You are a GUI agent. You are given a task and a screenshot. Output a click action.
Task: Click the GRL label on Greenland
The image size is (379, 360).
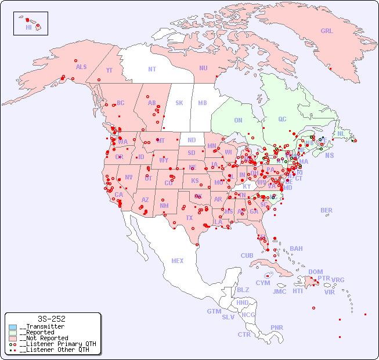[x=327, y=31]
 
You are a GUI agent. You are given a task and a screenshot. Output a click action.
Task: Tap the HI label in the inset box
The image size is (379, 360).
[x=28, y=27]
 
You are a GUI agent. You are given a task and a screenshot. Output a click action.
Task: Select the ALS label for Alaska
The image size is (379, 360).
[x=81, y=67]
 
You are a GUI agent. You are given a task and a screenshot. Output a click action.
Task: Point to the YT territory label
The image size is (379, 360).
[x=109, y=70]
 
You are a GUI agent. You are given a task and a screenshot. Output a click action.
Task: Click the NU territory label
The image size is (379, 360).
[x=203, y=68]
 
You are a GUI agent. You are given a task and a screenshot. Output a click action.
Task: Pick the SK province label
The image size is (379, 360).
[x=179, y=103]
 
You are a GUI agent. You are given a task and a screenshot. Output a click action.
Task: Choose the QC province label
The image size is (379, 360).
[x=282, y=119]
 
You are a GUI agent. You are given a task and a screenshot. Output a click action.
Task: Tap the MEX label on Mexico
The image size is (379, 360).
[x=178, y=261]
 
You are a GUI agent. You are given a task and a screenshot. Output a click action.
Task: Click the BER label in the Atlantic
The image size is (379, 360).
[x=327, y=210]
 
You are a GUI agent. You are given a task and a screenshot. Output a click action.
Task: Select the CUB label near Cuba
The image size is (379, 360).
[x=247, y=255]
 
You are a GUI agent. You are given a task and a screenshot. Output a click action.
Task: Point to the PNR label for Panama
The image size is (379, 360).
[x=277, y=327]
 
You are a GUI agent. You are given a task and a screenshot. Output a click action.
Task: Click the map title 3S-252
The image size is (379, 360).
[x=51, y=319]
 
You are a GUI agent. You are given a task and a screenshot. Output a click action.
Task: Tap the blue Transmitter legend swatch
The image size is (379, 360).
[x=13, y=327]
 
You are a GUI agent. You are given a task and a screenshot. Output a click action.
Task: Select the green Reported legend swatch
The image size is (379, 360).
[x=13, y=333]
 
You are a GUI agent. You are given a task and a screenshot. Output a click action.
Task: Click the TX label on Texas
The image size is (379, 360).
[x=189, y=218]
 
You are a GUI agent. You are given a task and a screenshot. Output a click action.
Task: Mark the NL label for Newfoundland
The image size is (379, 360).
[x=341, y=133]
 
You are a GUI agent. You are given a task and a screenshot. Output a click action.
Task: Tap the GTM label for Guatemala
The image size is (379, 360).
[x=214, y=311]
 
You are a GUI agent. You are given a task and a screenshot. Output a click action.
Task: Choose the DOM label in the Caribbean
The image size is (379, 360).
[x=315, y=272]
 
